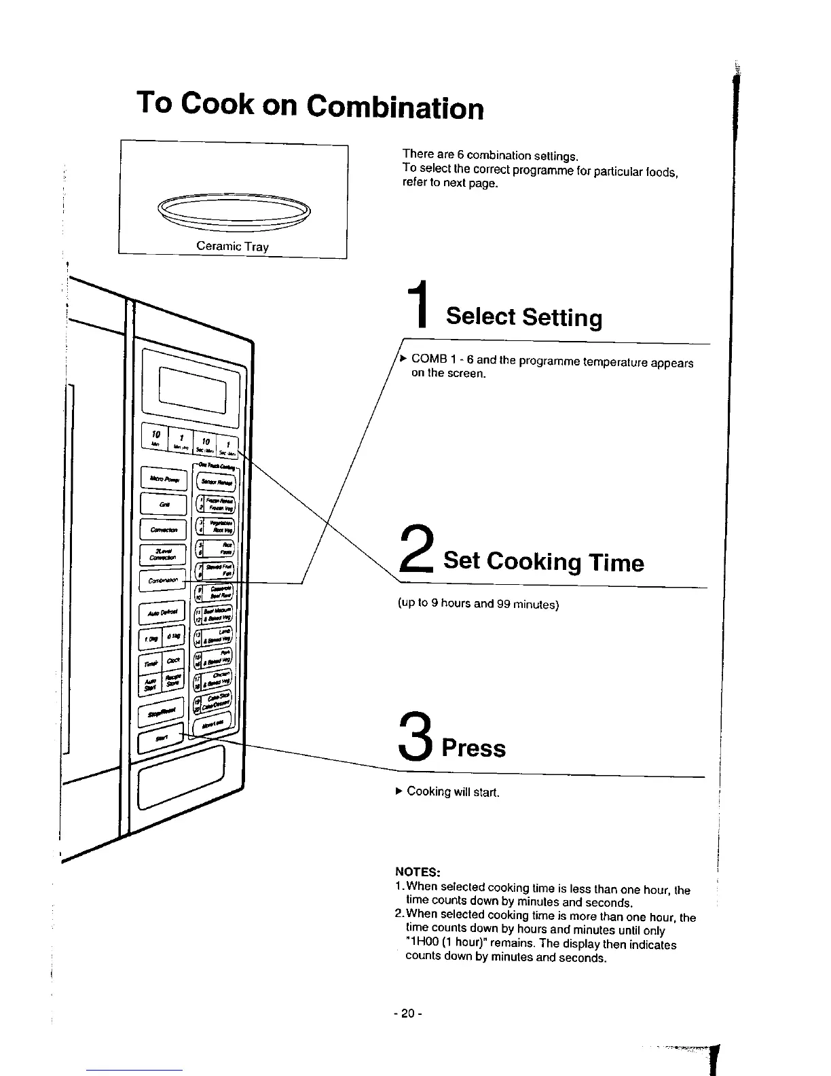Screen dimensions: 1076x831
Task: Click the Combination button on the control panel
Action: tap(162, 581)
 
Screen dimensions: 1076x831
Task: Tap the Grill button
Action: tap(163, 505)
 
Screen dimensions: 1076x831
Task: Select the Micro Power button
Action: tap(163, 480)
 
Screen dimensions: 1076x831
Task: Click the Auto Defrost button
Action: tap(162, 613)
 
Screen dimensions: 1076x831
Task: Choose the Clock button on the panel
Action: tap(173, 661)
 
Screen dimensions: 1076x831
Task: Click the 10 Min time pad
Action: tap(154, 437)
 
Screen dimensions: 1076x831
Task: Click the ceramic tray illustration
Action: tap(233, 211)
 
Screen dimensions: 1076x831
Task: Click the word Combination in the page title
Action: tap(394, 107)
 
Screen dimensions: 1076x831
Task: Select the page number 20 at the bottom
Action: tap(407, 1014)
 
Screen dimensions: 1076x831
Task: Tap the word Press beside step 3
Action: tap(474, 748)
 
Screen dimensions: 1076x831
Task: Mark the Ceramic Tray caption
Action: tap(232, 246)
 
